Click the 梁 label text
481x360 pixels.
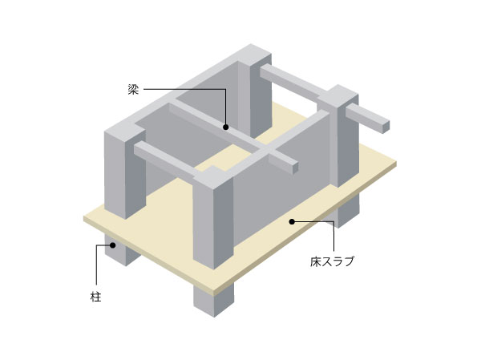coord(133,90)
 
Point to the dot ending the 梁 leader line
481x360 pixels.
coord(227,126)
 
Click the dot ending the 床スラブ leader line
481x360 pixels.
coord(293,220)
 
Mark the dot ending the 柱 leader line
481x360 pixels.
coord(113,245)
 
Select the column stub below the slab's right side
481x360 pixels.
coord(346,211)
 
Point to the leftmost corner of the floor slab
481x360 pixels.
coord(84,216)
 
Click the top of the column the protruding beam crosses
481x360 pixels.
coord(337,97)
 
